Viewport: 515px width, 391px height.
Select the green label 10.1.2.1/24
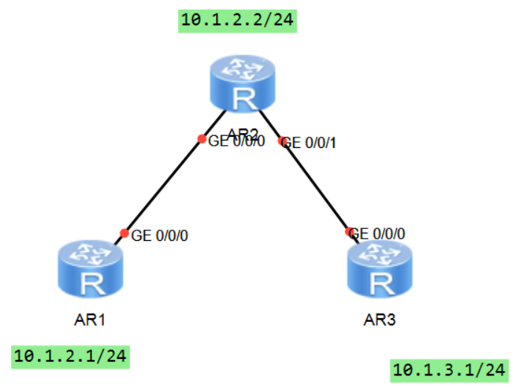click(70, 357)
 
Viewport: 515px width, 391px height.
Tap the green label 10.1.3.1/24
click(448, 369)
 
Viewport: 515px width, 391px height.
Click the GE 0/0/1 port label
click(312, 143)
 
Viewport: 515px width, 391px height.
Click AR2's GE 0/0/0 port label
click(237, 141)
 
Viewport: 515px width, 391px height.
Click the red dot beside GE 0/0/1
click(282, 140)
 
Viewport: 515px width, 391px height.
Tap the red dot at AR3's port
click(350, 232)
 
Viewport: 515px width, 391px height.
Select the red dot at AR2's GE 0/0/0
click(201, 139)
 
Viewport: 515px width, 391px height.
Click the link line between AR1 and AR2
click(163, 186)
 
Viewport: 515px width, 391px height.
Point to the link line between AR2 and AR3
click(315, 186)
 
